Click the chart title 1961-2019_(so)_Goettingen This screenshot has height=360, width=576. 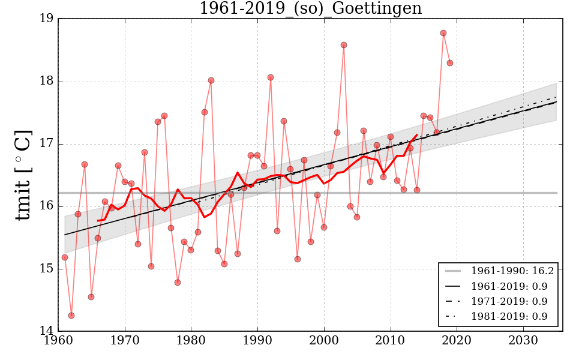(x=310, y=9)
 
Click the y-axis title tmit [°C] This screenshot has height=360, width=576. (x=23, y=175)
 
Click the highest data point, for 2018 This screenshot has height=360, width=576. (x=443, y=33)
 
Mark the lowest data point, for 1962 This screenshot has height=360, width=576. (x=71, y=316)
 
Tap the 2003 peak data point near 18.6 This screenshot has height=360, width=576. (x=344, y=45)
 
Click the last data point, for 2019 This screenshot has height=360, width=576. (x=450, y=63)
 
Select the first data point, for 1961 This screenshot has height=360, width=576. (x=65, y=257)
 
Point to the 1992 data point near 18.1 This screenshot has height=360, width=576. (x=271, y=77)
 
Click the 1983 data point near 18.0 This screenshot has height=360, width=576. (x=211, y=80)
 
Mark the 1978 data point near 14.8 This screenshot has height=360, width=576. (x=178, y=283)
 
